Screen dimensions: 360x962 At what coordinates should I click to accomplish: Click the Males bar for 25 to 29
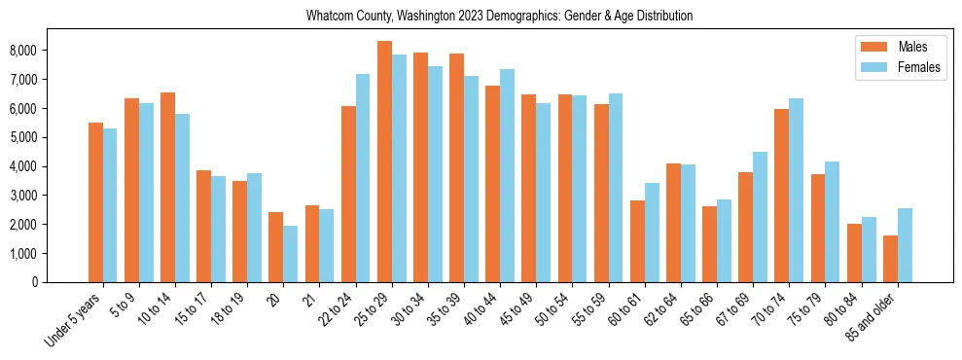[384, 162]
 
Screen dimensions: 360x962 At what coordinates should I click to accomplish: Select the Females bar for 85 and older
[905, 245]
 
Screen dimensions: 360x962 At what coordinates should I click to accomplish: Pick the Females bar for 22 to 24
[363, 178]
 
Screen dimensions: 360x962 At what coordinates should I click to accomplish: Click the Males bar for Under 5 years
[95, 202]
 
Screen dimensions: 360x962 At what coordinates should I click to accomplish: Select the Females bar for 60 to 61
[652, 233]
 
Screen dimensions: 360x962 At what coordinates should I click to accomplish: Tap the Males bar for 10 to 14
[167, 187]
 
